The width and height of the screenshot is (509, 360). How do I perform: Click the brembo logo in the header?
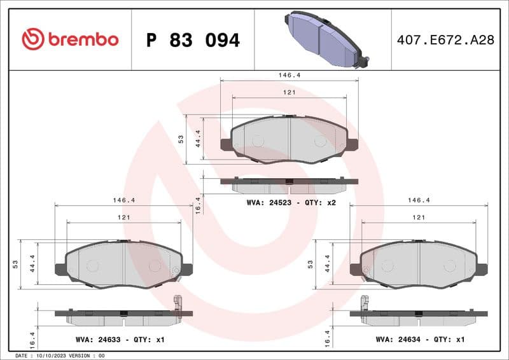pyautogui.click(x=70, y=39)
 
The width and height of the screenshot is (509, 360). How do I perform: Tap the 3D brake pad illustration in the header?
pyautogui.click(x=324, y=39)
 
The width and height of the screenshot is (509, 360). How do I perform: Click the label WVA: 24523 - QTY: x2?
pyautogui.click(x=291, y=204)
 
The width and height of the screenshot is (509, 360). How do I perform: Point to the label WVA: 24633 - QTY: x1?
pyautogui.click(x=120, y=340)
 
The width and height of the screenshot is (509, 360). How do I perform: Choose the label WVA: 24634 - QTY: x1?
pyautogui.click(x=420, y=340)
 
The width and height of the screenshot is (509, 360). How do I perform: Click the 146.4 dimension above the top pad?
pyautogui.click(x=289, y=74)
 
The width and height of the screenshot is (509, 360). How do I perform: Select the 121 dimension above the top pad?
pyautogui.click(x=289, y=92)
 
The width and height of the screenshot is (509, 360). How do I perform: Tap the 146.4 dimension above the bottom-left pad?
pyautogui.click(x=123, y=200)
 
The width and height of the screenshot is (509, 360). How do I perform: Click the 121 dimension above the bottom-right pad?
pyautogui.click(x=419, y=218)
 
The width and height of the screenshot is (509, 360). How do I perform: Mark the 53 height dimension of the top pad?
pyautogui.click(x=181, y=139)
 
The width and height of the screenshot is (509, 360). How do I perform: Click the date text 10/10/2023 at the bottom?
pyautogui.click(x=50, y=356)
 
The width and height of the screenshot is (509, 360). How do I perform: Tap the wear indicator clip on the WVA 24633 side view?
pyautogui.click(x=178, y=303)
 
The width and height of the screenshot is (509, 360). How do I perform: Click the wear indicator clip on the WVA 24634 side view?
pyautogui.click(x=365, y=303)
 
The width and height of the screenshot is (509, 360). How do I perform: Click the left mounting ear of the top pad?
pyautogui.click(x=226, y=144)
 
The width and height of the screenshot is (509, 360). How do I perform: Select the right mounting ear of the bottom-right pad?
pyautogui.click(x=482, y=270)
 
